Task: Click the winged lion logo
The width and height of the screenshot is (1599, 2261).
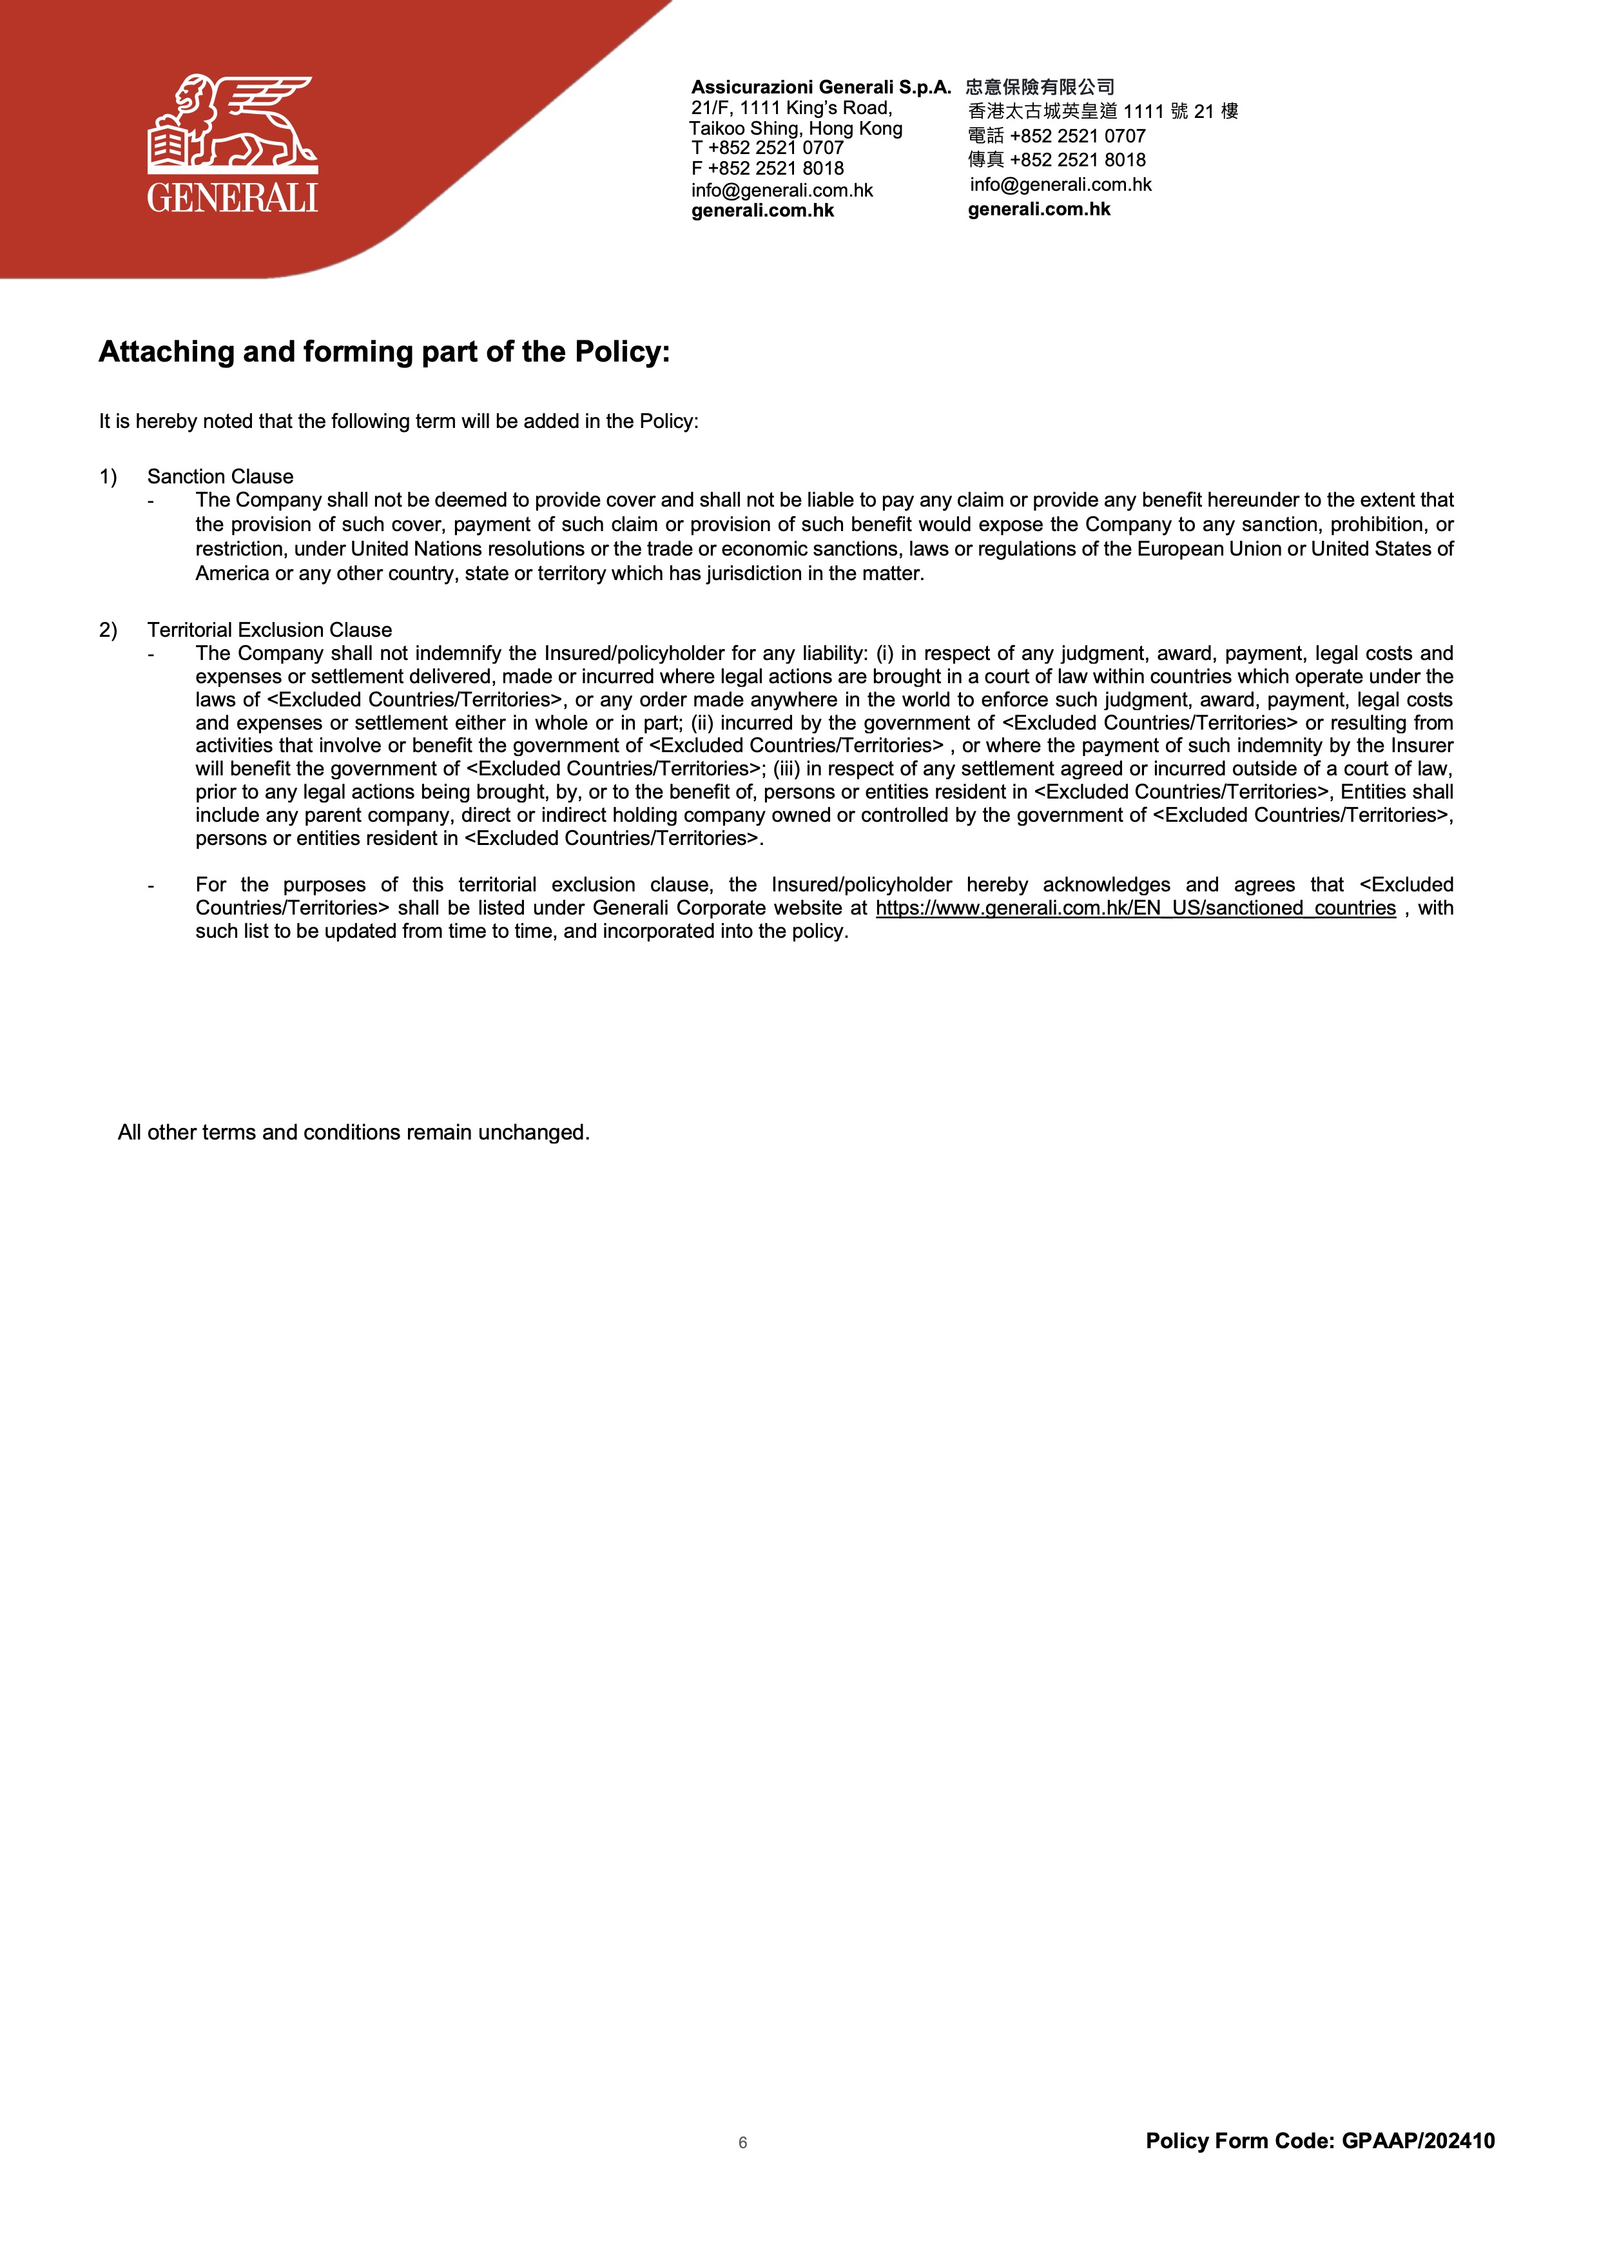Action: pyautogui.click(x=233, y=123)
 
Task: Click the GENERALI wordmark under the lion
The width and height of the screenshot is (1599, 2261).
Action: pyautogui.click(x=233, y=198)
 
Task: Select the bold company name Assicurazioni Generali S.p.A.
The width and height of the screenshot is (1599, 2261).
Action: pyautogui.click(x=821, y=86)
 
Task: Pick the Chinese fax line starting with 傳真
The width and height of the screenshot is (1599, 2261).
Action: pyautogui.click(x=1056, y=160)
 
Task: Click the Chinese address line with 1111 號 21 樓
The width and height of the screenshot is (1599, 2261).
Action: pyautogui.click(x=1103, y=112)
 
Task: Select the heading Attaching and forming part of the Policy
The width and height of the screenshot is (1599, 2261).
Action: pyautogui.click(x=384, y=351)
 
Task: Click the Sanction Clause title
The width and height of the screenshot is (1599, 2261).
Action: pyautogui.click(x=220, y=476)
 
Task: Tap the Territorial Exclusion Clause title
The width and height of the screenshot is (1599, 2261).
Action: pyautogui.click(x=270, y=630)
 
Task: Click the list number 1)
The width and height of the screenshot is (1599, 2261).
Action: pyautogui.click(x=108, y=476)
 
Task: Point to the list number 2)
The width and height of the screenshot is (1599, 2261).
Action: pyautogui.click(x=108, y=630)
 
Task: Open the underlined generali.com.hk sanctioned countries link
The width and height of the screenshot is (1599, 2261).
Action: pyautogui.click(x=1135, y=908)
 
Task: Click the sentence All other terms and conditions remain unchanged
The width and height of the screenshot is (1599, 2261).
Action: pyautogui.click(x=353, y=1132)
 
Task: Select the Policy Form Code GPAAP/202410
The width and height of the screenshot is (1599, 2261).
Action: pyautogui.click(x=1319, y=2141)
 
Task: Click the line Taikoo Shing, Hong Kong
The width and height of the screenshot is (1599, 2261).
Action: pyautogui.click(x=795, y=128)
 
